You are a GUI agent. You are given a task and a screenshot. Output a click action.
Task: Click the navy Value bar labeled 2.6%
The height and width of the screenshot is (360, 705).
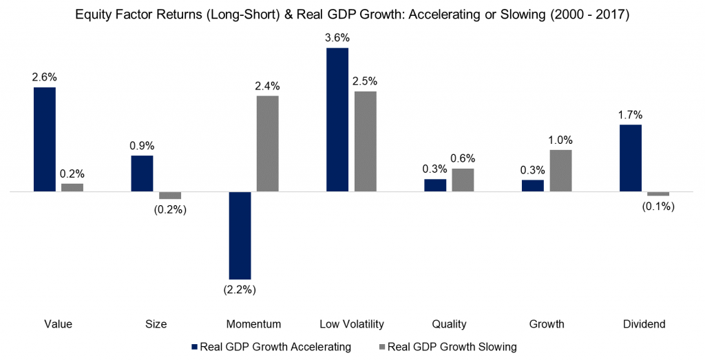[44, 139]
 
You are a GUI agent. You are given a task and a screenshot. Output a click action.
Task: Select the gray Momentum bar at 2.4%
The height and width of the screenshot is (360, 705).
[268, 143]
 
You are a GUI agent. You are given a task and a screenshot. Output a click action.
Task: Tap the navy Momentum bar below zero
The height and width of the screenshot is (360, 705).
[240, 235]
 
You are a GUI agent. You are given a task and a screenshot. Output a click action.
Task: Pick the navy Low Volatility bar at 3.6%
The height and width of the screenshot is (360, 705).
[337, 119]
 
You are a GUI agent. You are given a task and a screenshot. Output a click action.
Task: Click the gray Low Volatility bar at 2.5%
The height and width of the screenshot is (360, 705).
[366, 141]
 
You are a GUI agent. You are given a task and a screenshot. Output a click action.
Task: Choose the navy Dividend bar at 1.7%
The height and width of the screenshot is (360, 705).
[631, 158]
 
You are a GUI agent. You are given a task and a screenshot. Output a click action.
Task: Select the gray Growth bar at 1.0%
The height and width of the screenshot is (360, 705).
[561, 170]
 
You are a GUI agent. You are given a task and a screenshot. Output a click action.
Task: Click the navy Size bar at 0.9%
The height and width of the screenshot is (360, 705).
[142, 173]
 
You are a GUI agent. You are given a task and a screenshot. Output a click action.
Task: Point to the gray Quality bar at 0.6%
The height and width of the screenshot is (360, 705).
[463, 180]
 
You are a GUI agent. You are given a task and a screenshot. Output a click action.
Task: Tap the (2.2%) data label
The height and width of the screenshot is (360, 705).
[239, 290]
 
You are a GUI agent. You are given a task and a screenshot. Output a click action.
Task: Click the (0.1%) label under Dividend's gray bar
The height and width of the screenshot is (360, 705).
[659, 207]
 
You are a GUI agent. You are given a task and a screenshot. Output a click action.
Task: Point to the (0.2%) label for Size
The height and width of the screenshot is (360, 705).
[170, 209]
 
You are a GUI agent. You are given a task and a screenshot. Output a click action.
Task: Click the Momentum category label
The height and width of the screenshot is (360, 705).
[253, 324]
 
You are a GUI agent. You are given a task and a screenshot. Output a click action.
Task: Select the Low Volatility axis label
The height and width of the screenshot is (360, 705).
[352, 324]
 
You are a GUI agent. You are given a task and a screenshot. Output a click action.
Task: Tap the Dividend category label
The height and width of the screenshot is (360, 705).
[644, 324]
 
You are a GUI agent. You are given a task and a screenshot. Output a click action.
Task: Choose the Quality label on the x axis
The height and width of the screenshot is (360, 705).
[449, 324]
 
